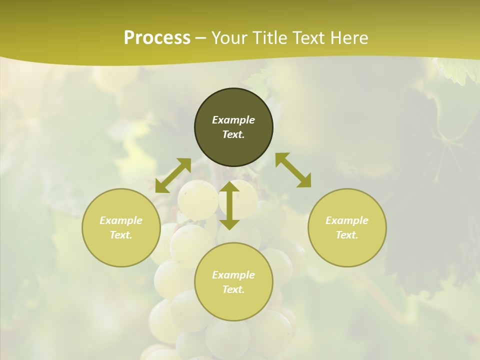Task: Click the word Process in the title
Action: [157, 38]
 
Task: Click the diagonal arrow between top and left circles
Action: [173, 175]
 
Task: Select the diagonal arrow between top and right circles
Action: [293, 170]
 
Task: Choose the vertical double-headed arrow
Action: [229, 205]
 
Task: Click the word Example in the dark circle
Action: [233, 120]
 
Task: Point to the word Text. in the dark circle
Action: [233, 134]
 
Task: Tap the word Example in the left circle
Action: [121, 220]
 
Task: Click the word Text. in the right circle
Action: [347, 235]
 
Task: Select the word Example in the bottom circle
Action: [233, 275]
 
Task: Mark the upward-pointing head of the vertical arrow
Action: [229, 187]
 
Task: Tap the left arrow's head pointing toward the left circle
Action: [161, 187]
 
